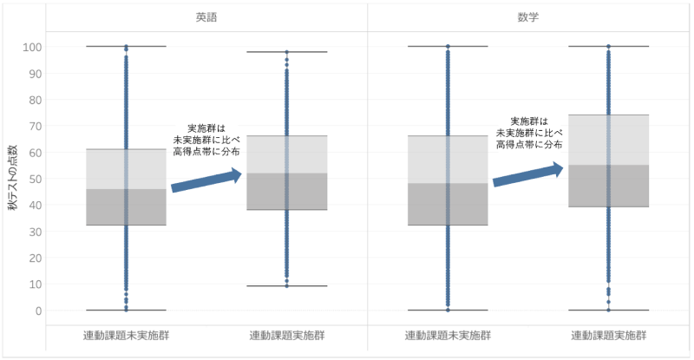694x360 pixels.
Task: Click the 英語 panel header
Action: click(206, 16)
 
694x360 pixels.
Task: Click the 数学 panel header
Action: click(529, 16)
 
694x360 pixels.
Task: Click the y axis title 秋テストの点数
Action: click(12, 178)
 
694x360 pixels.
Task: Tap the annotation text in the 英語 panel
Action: click(206, 139)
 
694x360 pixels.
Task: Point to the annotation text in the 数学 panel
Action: click(528, 133)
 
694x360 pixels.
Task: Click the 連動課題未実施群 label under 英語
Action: click(126, 335)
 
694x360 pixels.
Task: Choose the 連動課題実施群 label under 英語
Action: click(286, 335)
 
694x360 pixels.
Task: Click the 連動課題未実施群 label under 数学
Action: click(448, 335)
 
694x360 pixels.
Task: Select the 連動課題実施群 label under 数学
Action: click(608, 335)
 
